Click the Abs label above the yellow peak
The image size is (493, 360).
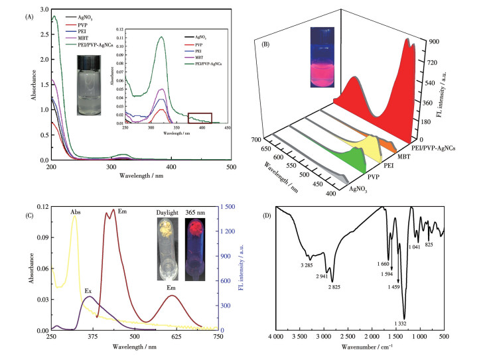[x=75, y=213]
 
